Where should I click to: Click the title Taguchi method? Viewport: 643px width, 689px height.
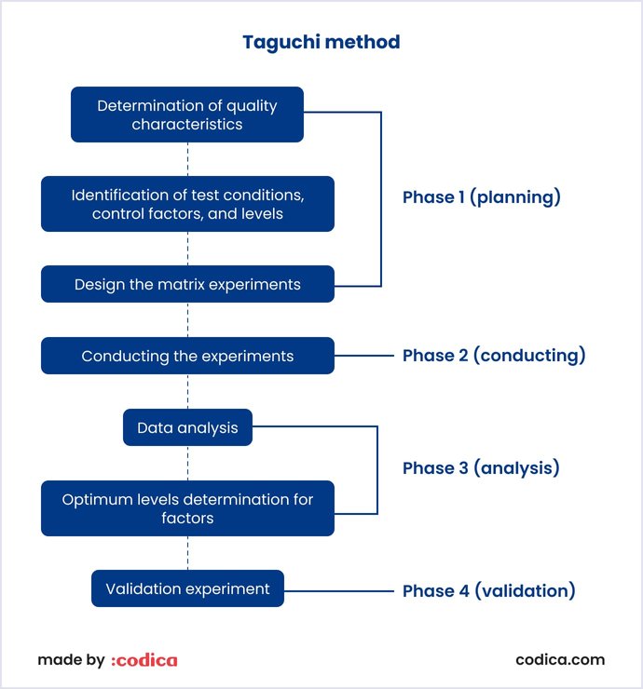tap(321, 42)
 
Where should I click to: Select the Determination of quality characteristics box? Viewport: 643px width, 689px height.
tap(187, 115)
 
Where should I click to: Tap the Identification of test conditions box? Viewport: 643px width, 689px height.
tap(187, 204)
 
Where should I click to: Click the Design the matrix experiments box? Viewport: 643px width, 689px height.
tap(187, 284)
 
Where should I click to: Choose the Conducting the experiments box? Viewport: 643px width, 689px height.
tap(187, 356)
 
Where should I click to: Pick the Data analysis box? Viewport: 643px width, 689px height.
tap(187, 427)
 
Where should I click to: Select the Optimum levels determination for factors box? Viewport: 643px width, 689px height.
tap(187, 508)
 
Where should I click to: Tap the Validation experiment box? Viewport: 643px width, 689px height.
tap(187, 588)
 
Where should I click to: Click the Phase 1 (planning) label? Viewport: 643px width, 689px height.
tap(481, 197)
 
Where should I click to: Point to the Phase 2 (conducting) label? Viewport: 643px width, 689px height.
tap(494, 356)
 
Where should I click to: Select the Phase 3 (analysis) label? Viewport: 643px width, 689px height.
tap(481, 468)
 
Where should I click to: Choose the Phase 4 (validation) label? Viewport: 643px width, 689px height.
tap(488, 590)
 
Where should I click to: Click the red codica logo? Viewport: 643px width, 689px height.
tap(144, 660)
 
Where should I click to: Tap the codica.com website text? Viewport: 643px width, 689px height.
tap(560, 659)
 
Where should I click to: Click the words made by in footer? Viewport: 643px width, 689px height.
tap(71, 660)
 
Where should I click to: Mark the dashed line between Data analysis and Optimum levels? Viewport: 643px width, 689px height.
tap(187, 463)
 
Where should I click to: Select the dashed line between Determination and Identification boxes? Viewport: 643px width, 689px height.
tap(187, 158)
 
